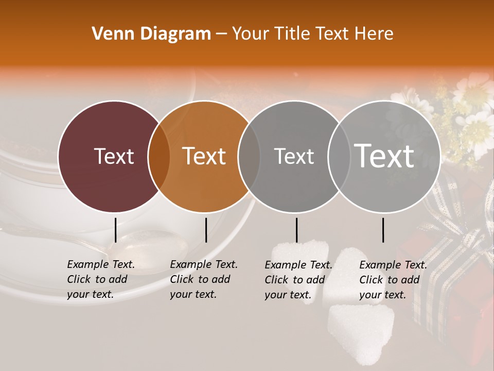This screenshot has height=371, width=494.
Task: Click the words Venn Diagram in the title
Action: pyautogui.click(x=151, y=34)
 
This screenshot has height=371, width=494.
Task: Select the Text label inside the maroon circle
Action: pyautogui.click(x=114, y=156)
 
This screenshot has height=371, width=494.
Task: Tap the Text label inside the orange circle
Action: pyautogui.click(x=204, y=156)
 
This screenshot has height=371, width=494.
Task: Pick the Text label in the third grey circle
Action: pyautogui.click(x=294, y=156)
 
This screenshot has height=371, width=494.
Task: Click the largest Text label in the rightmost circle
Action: pyautogui.click(x=384, y=156)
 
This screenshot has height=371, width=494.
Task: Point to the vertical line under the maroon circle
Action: pyautogui.click(x=115, y=230)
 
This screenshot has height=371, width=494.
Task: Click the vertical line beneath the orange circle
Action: pyautogui.click(x=206, y=230)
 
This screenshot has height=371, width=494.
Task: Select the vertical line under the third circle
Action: pyautogui.click(x=297, y=230)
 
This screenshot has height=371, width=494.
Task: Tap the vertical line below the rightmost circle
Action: pyautogui.click(x=383, y=230)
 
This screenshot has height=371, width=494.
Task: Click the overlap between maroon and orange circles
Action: pyautogui.click(x=159, y=157)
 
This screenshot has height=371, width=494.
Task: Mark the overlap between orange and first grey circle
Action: pyautogui.click(x=249, y=157)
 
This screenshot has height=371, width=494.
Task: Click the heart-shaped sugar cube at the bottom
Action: pyautogui.click(x=360, y=330)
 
